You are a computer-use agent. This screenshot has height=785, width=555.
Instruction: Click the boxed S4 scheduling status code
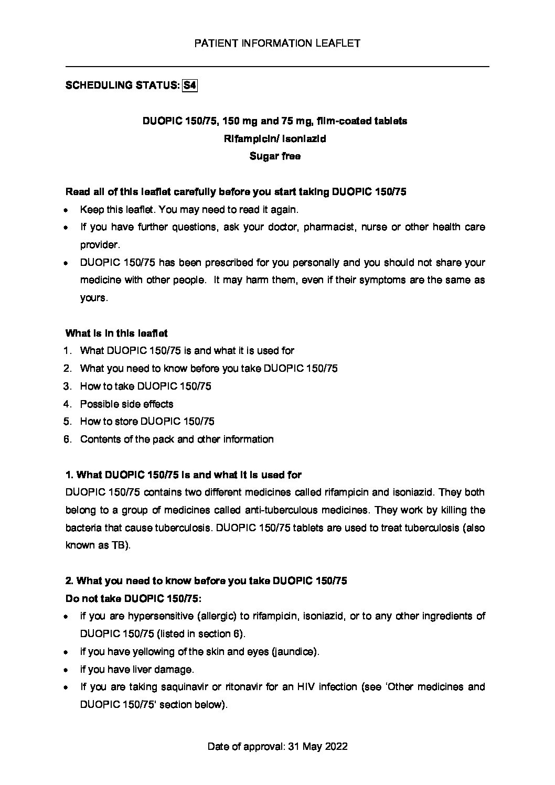pos(189,85)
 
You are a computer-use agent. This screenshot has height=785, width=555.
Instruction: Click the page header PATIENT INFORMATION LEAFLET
pos(277,44)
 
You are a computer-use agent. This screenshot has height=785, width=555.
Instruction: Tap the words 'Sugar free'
pos(275,156)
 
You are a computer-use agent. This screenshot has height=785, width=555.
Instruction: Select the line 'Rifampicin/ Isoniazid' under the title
pos(275,138)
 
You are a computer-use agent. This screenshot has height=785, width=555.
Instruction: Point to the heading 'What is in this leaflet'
pos(116,334)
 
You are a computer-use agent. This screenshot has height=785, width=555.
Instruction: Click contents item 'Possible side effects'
pos(126,404)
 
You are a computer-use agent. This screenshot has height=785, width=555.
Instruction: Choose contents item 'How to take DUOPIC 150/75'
pos(145,386)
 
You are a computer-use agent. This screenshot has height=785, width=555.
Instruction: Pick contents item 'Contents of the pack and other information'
pos(177,439)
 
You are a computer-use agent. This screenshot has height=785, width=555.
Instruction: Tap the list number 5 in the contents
pos(67,422)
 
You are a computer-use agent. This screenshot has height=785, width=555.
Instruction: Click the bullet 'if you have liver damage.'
pos(137,670)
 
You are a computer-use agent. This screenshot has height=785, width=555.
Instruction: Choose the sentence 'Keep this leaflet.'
pos(118,210)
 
